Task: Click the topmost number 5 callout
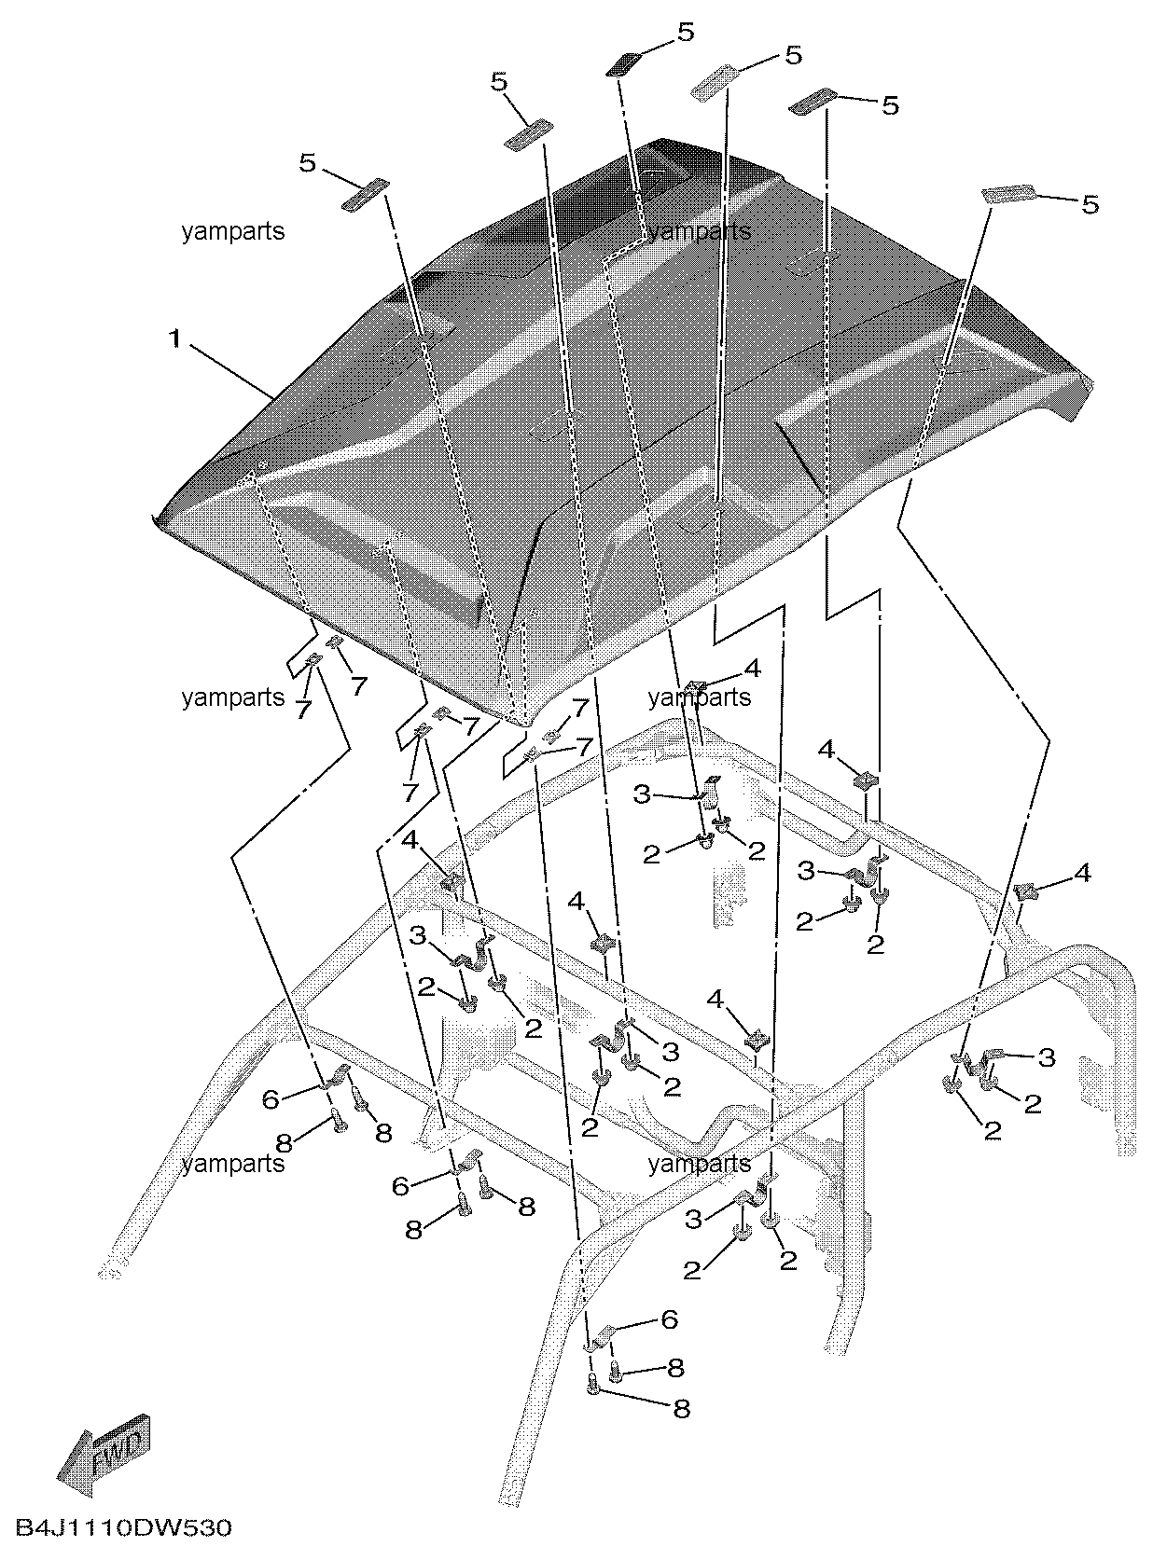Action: click(x=686, y=33)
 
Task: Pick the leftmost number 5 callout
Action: click(x=308, y=163)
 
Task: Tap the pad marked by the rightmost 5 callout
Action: click(x=1008, y=193)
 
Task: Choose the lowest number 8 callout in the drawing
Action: click(x=682, y=1408)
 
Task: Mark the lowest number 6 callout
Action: click(x=669, y=1318)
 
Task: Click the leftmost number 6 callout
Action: click(x=271, y=1099)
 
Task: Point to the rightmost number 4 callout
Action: click(x=1082, y=873)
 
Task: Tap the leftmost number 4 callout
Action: click(x=410, y=840)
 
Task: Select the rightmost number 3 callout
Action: click(x=1047, y=1056)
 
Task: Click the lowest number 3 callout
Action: click(x=693, y=1219)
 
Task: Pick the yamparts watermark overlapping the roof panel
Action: click(x=700, y=230)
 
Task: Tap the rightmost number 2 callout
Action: click(x=1033, y=1103)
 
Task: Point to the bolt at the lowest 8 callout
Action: click(x=594, y=1388)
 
